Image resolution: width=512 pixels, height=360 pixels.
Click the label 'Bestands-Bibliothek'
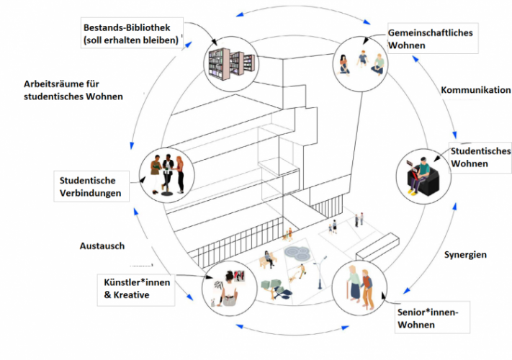pos(127,27)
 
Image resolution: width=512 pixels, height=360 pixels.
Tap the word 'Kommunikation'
pos(476,90)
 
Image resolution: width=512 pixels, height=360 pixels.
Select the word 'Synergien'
pos(465,255)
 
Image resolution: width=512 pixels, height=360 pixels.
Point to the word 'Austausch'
pos(102,246)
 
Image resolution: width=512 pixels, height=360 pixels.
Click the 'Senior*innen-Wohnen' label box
pos(432,318)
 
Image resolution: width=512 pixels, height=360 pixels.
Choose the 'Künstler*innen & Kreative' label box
pos(136,290)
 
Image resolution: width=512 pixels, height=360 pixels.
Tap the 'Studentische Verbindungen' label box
pos(91,186)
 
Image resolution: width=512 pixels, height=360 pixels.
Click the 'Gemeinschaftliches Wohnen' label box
pos(433,38)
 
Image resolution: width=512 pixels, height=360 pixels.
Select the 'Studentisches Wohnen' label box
pos(480,158)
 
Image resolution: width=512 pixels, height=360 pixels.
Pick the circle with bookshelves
pos(231,63)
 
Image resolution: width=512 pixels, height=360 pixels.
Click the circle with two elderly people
pos(359,288)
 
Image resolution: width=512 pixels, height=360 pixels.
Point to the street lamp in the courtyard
pos(320,273)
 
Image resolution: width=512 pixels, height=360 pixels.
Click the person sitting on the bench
pos(269,259)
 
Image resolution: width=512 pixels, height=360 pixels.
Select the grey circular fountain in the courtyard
pos(297,253)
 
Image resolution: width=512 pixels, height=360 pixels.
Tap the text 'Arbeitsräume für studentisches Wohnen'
pos(73,90)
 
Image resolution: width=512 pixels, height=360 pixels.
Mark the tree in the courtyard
pos(275,289)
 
